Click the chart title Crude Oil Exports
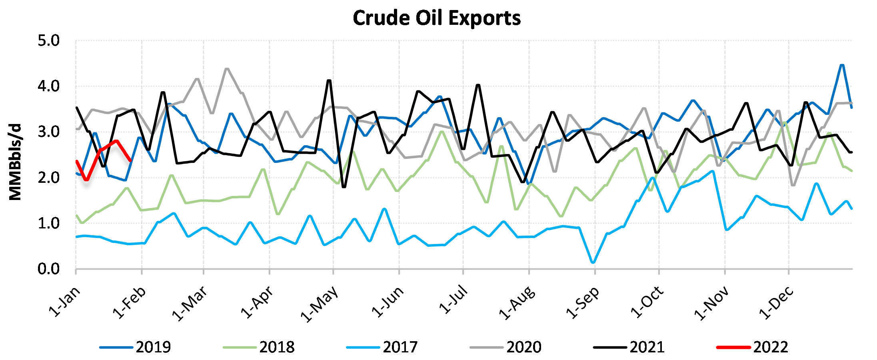[437, 18]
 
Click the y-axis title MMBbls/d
[15, 162]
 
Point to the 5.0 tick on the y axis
[48, 41]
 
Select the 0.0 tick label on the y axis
[48, 269]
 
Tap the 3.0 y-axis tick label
[48, 132]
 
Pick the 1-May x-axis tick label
[320, 304]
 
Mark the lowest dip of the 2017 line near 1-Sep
[593, 262]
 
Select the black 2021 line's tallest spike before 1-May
[329, 80]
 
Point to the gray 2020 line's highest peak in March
[227, 69]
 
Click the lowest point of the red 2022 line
[86, 180]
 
